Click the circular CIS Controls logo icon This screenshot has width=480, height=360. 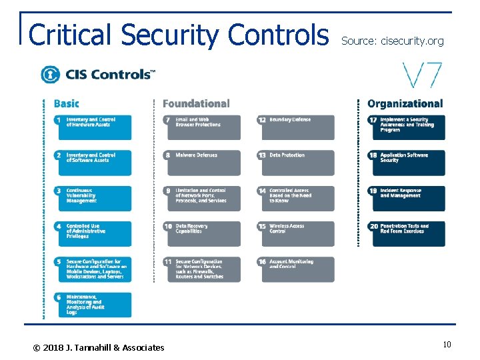50,74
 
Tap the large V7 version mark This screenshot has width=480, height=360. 422,75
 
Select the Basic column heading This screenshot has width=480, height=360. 66,103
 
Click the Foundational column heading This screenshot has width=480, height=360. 196,103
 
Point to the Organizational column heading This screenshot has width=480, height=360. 405,103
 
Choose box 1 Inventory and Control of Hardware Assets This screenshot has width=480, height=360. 93,127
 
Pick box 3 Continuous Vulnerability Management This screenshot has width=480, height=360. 93,198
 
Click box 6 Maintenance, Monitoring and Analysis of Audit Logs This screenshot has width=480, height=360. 93,305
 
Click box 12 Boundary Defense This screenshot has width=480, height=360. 295,127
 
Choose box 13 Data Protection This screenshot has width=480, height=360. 295,163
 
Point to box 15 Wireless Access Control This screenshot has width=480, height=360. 295,233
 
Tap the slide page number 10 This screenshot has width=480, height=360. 447,344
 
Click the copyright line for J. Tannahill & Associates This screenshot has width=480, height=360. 99,347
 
